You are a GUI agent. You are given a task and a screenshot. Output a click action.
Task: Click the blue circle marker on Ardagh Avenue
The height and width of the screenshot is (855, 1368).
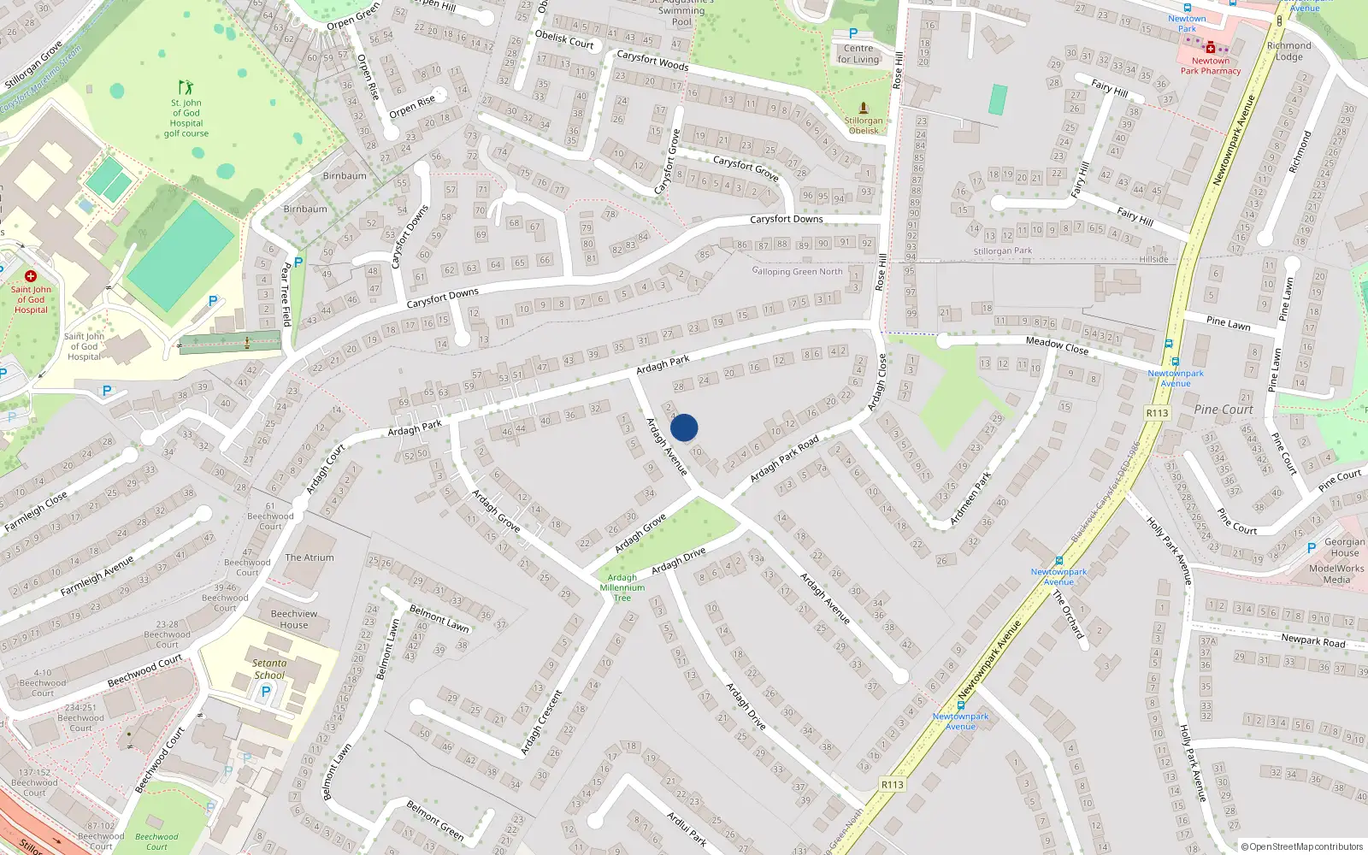pyautogui.click(x=684, y=427)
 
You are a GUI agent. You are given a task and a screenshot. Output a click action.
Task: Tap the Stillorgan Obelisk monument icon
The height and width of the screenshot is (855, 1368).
pyautogui.click(x=864, y=109)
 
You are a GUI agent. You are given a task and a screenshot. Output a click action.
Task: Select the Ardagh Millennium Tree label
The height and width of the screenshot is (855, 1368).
pyautogui.click(x=622, y=587)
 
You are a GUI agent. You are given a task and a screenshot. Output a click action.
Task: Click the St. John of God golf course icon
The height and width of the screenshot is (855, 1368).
pyautogui.click(x=186, y=87)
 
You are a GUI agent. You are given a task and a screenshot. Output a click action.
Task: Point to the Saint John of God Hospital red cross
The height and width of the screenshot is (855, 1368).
pyautogui.click(x=31, y=276)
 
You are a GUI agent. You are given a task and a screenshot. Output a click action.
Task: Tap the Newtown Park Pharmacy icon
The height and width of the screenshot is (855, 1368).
pyautogui.click(x=1211, y=48)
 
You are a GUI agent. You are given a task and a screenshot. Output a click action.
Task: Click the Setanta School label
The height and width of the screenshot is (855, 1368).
pyautogui.click(x=269, y=669)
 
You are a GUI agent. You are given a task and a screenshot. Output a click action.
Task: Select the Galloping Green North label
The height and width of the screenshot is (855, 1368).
pyautogui.click(x=797, y=271)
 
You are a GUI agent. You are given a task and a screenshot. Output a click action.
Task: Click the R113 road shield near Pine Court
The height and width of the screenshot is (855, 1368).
pyautogui.click(x=1157, y=413)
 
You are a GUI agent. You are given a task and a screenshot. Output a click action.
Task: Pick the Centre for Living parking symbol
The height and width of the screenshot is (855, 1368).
pyautogui.click(x=852, y=33)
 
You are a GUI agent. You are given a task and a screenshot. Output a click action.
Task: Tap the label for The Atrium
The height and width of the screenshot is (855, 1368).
pyautogui.click(x=310, y=557)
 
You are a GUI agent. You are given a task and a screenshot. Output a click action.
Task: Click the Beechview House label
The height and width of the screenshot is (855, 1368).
pyautogui.click(x=294, y=619)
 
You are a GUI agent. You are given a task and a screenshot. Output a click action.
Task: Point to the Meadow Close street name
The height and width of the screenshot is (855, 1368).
pyautogui.click(x=1057, y=345)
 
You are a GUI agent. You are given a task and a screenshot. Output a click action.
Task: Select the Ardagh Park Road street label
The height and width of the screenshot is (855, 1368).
pyautogui.click(x=784, y=458)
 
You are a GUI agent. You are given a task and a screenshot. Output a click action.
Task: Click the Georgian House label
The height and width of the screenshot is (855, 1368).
pyautogui.click(x=1344, y=547)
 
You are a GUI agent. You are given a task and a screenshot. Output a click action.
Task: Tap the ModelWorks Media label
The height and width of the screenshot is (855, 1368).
pyautogui.click(x=1336, y=574)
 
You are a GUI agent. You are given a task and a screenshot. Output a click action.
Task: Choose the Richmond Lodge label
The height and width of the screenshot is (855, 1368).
pyautogui.click(x=1289, y=51)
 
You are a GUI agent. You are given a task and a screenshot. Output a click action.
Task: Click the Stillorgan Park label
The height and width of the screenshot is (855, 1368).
pyautogui.click(x=1002, y=251)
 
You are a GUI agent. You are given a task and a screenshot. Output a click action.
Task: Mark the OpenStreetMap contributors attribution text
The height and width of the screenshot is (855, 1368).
pyautogui.click(x=1302, y=846)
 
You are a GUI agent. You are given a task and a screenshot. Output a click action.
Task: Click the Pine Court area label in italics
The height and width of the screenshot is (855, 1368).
pyautogui.click(x=1224, y=410)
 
